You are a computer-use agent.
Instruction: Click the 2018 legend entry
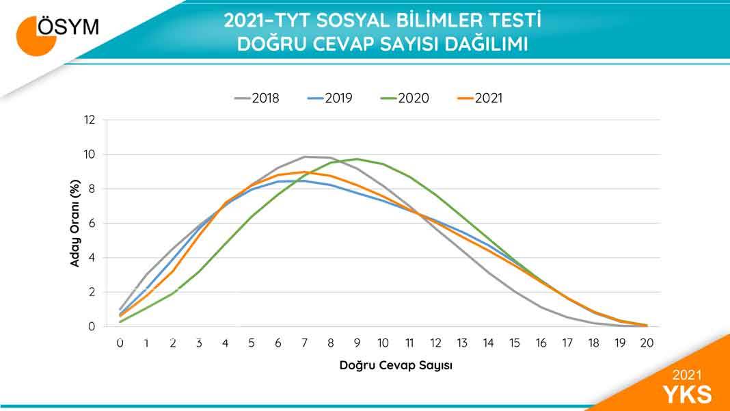click(257, 98)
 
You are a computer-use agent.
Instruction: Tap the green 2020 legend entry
click(405, 98)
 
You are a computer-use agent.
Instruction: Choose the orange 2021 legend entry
click(480, 98)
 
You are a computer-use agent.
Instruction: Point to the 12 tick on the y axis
click(89, 120)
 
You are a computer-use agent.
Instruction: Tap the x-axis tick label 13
click(463, 343)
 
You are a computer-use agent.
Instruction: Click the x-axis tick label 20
click(646, 343)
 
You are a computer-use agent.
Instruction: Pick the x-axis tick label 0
click(120, 343)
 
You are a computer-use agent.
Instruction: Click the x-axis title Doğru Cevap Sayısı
click(396, 365)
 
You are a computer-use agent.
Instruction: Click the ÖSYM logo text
click(68, 27)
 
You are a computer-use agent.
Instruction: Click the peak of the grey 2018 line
click(306, 157)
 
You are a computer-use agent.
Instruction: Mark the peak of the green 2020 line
click(357, 159)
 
